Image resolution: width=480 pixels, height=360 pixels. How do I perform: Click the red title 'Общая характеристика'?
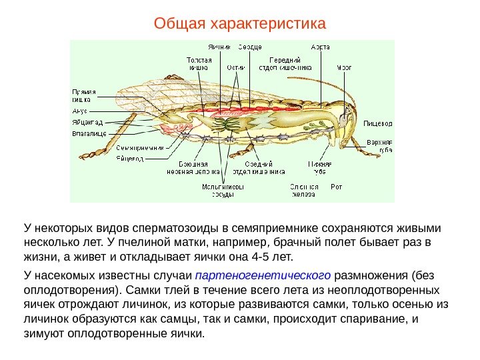click(x=240, y=24)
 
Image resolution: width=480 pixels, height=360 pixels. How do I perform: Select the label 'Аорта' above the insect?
click(x=321, y=47)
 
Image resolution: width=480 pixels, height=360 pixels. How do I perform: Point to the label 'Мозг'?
click(x=345, y=67)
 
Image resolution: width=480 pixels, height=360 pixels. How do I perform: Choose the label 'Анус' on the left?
click(x=79, y=111)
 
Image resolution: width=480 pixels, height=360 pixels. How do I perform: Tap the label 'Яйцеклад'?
click(x=86, y=123)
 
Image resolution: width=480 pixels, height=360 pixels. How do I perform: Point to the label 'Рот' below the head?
click(x=337, y=187)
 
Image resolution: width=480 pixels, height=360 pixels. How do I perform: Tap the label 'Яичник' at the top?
click(x=219, y=47)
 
